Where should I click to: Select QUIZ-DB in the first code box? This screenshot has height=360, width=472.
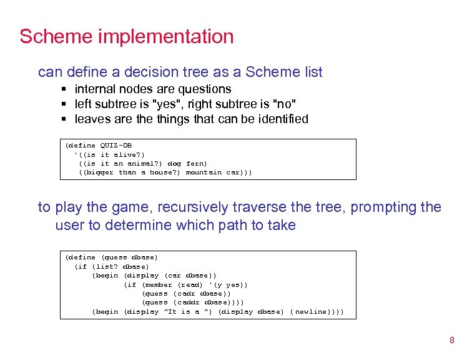(116, 146)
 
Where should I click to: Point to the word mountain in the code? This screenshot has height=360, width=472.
(204, 172)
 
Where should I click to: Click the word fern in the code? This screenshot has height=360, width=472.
(196, 163)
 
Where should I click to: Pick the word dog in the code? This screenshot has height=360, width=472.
(174, 163)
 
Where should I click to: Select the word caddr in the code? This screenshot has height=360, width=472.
(185, 302)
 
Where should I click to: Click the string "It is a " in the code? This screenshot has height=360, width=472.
(187, 311)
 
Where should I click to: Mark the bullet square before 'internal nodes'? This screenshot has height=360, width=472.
(64, 89)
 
